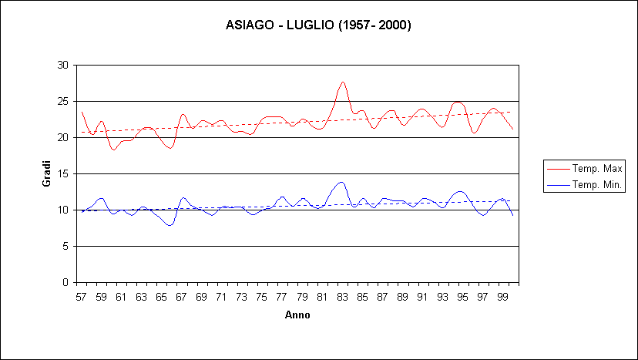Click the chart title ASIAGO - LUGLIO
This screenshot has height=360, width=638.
click(x=318, y=25)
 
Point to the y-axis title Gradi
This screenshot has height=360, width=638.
click(x=45, y=173)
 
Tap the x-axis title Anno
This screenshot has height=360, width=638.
click(x=297, y=315)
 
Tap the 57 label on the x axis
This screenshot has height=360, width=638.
click(x=81, y=296)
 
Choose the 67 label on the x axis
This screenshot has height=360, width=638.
click(x=181, y=296)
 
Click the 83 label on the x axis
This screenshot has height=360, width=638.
click(x=341, y=296)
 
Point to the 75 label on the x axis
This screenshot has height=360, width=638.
click(x=261, y=296)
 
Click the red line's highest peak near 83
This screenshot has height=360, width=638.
click(x=343, y=82)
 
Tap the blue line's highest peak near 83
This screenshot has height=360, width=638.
click(x=341, y=183)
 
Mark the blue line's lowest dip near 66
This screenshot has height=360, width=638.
click(x=170, y=225)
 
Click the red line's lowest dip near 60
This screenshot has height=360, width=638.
click(x=114, y=150)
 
